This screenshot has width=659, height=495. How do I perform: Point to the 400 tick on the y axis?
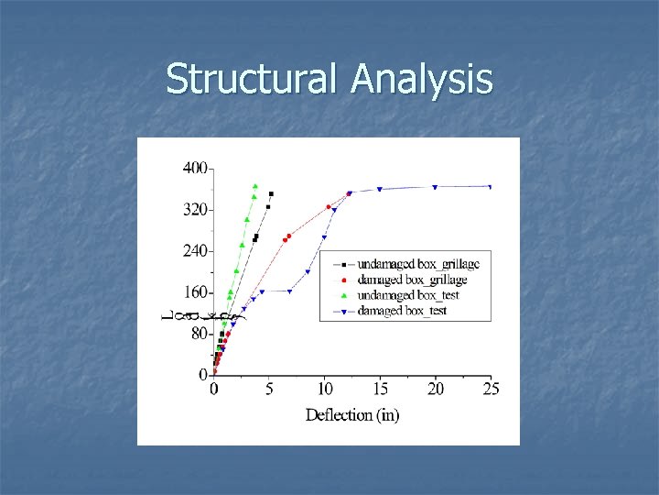[x=194, y=169]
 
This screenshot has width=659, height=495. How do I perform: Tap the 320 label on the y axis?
[x=194, y=210]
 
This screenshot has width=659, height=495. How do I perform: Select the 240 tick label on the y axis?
[x=194, y=251]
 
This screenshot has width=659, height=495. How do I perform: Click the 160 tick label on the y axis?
[x=194, y=292]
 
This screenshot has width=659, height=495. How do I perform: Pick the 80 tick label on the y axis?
[x=198, y=334]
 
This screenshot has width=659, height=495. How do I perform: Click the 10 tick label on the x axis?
[x=325, y=390]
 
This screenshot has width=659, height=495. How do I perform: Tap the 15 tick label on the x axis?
[x=380, y=390]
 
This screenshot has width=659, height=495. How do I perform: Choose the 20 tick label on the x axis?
[x=436, y=390]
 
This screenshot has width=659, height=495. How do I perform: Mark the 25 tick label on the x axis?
[x=491, y=390]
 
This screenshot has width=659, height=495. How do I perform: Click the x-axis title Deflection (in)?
[x=352, y=415]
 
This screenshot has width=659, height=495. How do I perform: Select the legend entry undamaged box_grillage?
[x=417, y=264]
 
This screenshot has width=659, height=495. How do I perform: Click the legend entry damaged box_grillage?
[x=411, y=280]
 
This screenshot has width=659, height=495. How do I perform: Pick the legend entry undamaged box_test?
[x=407, y=295]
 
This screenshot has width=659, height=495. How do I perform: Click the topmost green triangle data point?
[x=255, y=186]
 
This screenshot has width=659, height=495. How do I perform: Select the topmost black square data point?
[x=271, y=194]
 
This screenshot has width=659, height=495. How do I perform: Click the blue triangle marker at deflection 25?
[x=491, y=187]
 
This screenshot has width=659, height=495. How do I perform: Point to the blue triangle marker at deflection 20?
[x=435, y=187]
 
